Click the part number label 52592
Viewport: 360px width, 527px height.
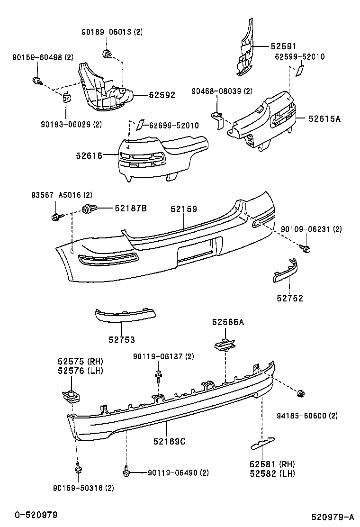pos(162,95)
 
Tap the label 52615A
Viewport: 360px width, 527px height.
pos(324,119)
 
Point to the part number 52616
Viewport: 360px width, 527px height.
pos(89,155)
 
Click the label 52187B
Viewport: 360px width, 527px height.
pos(130,208)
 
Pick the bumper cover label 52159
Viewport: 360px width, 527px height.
pos(184,209)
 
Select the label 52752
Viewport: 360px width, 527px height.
pos(290,298)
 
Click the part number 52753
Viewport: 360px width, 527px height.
pos(121,340)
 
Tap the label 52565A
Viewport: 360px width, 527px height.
pos(228,322)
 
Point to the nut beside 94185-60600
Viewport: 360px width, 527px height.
pos(300,394)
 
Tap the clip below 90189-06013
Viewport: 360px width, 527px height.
pos(107,54)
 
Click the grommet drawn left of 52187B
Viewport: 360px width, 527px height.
pos(88,208)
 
